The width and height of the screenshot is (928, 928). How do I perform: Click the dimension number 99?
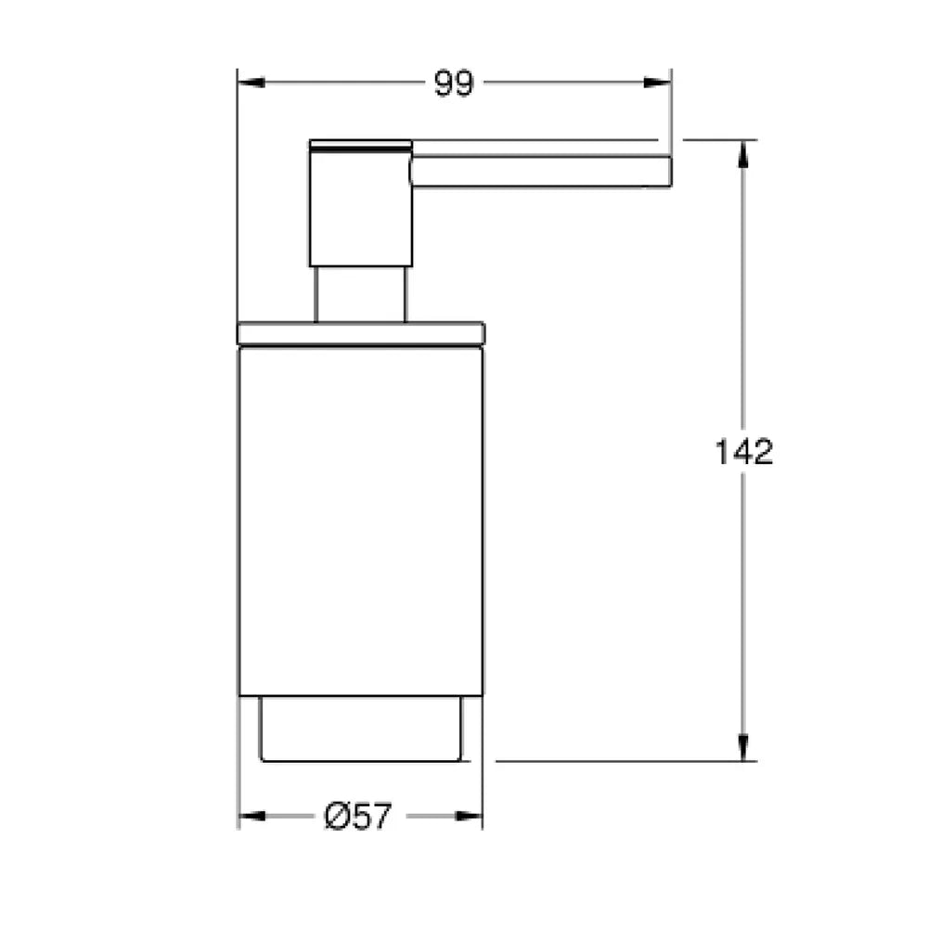tap(454, 84)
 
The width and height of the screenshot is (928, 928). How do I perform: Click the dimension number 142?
tap(744, 452)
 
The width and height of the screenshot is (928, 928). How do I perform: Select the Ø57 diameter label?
tap(358, 816)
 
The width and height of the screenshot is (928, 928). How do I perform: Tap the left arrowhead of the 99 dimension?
tap(251, 83)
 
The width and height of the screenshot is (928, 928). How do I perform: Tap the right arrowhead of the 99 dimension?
tap(658, 83)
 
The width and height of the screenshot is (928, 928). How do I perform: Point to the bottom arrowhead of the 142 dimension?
tap(743, 747)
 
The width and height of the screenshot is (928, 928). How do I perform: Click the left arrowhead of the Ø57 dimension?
tap(251, 816)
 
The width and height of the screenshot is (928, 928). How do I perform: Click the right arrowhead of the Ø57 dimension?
tap(469, 816)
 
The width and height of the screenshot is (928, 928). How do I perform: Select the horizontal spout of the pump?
tap(541, 172)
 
